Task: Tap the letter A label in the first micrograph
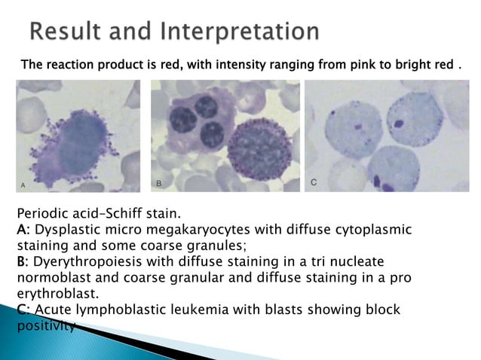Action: point(23,184)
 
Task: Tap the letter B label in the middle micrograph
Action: point(158,183)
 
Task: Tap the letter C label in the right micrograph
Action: point(314,183)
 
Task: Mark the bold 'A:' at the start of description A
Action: point(22,229)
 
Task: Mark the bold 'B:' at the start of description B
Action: point(22,261)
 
